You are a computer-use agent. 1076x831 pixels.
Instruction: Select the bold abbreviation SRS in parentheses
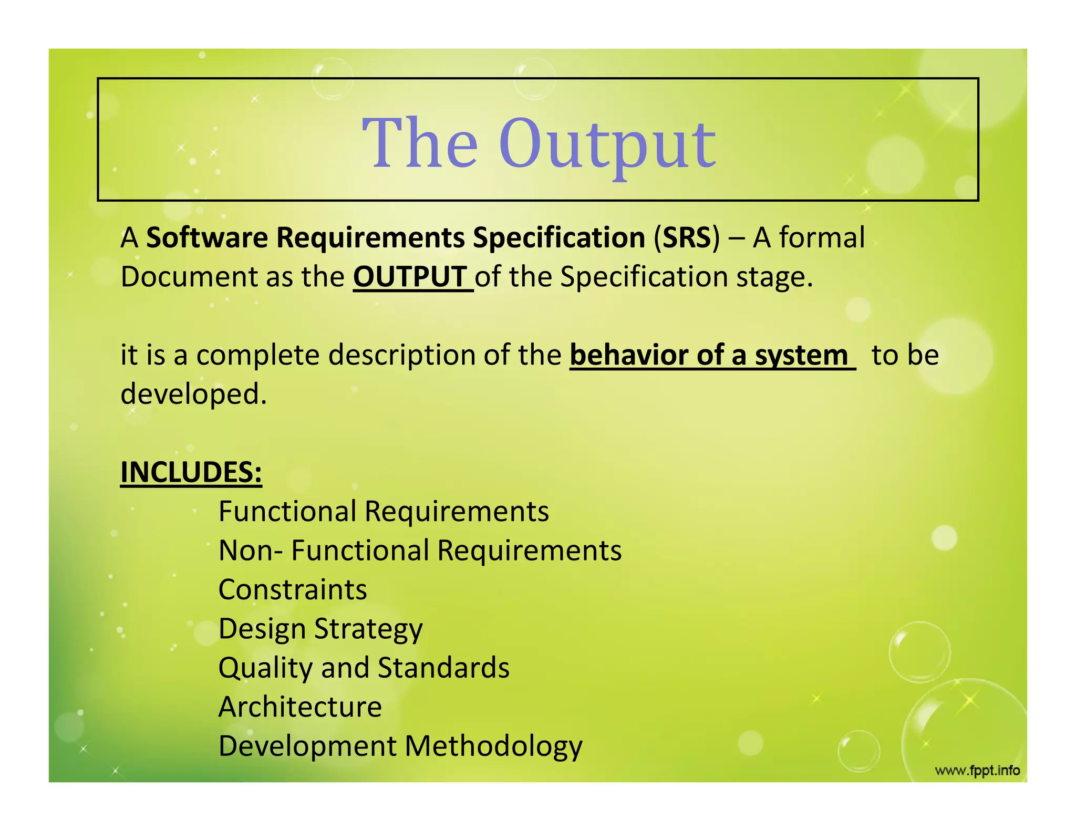click(x=686, y=237)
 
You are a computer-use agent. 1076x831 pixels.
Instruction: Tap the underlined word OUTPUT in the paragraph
click(x=410, y=277)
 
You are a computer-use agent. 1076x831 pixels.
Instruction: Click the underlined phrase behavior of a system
click(x=709, y=355)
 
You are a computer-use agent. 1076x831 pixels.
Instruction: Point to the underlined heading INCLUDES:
click(x=191, y=472)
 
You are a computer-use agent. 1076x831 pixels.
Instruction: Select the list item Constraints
click(x=293, y=589)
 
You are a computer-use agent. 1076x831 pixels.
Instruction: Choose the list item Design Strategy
click(x=320, y=629)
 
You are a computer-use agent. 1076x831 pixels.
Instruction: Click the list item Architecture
click(x=300, y=707)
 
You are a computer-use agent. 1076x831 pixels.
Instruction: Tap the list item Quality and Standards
click(x=364, y=668)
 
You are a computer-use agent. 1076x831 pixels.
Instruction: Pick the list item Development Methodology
click(x=400, y=746)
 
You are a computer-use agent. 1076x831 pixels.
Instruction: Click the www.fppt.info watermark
click(x=977, y=771)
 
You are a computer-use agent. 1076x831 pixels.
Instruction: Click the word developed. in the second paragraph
click(x=194, y=394)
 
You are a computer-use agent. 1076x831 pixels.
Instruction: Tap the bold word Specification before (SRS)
click(x=558, y=237)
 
